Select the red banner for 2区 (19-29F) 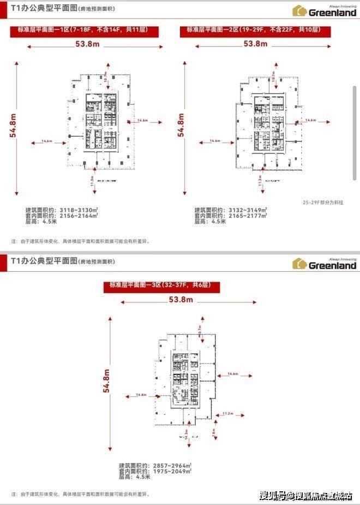[257, 31]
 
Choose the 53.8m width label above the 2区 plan [256, 44]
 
